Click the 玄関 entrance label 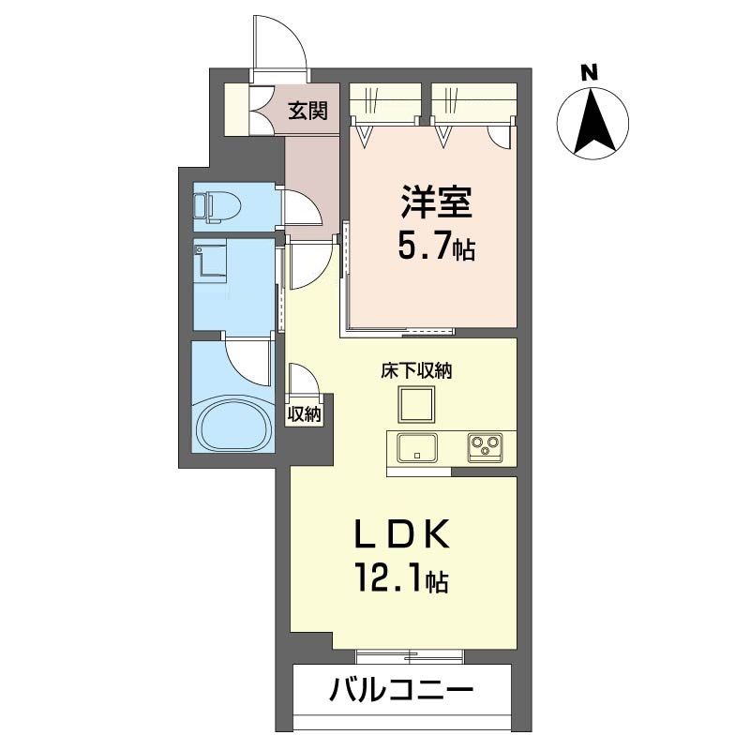pyautogui.click(x=307, y=112)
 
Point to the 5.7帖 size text pyautogui.click(x=435, y=248)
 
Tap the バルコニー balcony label pyautogui.click(x=400, y=694)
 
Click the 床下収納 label pyautogui.click(x=416, y=370)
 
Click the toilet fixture pyautogui.click(x=215, y=207)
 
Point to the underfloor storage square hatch pyautogui.click(x=415, y=405)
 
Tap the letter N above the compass pyautogui.click(x=589, y=71)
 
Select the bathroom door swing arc pyautogui.click(x=249, y=361)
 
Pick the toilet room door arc pyautogui.click(x=304, y=207)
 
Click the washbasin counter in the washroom pyautogui.click(x=211, y=262)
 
